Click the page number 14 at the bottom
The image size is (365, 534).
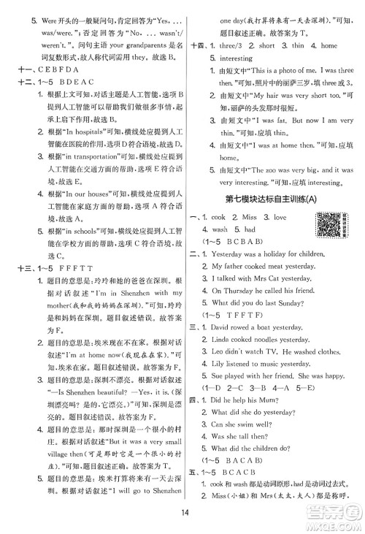coord(182,518)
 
